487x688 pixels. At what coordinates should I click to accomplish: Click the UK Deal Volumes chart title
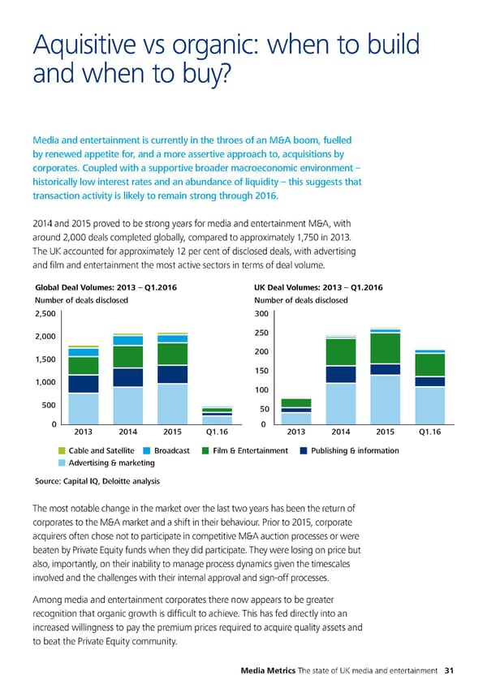click(318, 287)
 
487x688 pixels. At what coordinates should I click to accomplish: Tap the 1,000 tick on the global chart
click(45, 382)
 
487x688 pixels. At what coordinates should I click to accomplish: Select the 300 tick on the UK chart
click(261, 314)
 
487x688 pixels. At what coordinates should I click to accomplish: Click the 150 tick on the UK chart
click(261, 371)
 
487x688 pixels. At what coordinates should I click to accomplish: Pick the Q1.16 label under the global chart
click(217, 432)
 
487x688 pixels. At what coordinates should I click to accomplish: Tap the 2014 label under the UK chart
click(341, 432)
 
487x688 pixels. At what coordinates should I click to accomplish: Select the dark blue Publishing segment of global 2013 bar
click(84, 384)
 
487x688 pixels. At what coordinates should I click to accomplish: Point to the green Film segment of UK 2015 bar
click(385, 348)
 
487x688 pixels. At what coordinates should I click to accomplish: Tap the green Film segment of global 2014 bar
click(128, 357)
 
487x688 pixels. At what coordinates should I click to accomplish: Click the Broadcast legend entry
click(171, 450)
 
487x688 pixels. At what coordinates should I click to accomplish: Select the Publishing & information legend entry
click(354, 450)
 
